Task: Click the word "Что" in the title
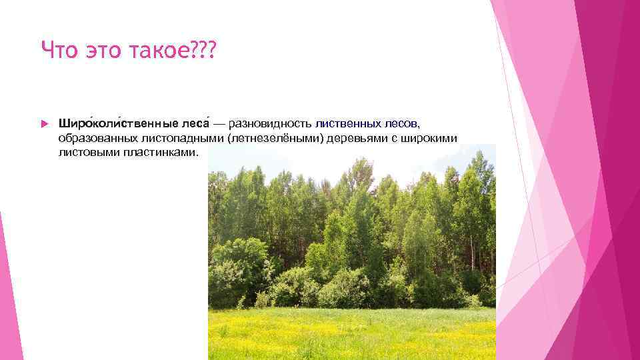tap(57, 49)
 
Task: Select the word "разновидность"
tap(270, 124)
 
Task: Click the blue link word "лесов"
tap(402, 124)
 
